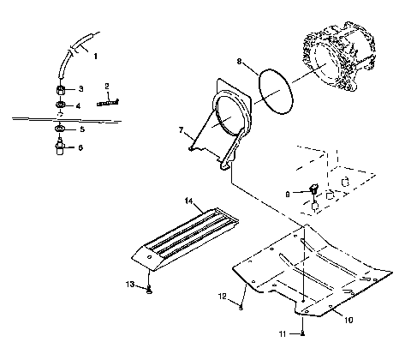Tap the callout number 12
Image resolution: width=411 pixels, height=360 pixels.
(x=220, y=296)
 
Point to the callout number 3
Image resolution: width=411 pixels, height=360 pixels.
(x=81, y=88)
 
